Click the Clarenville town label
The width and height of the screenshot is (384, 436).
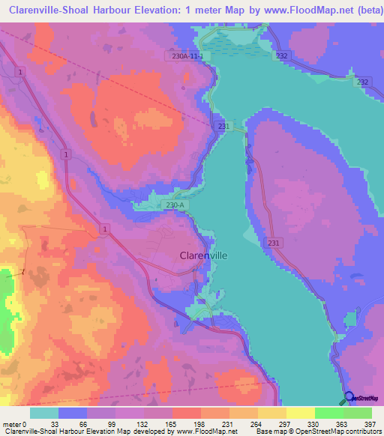pos(203,255)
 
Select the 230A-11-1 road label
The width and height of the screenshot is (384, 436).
pos(187,56)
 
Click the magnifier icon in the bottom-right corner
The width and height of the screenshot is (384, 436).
pos(349,399)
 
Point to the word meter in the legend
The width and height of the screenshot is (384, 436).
pos(12,423)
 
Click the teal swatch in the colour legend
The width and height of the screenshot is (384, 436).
pos(44,413)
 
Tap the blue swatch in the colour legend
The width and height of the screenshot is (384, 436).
pos(73,413)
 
